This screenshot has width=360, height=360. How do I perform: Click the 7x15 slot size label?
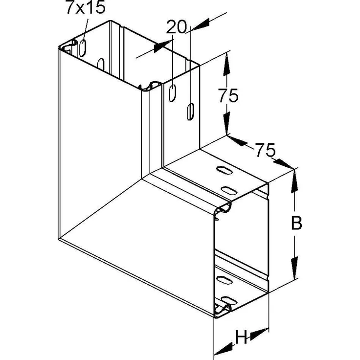86,7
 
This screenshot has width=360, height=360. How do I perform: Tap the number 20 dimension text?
176,27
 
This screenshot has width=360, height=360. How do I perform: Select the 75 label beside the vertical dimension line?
228,95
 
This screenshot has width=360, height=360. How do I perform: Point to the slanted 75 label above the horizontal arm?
265,150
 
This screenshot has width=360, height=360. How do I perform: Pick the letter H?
241,337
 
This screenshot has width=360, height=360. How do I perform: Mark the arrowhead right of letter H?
259,334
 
